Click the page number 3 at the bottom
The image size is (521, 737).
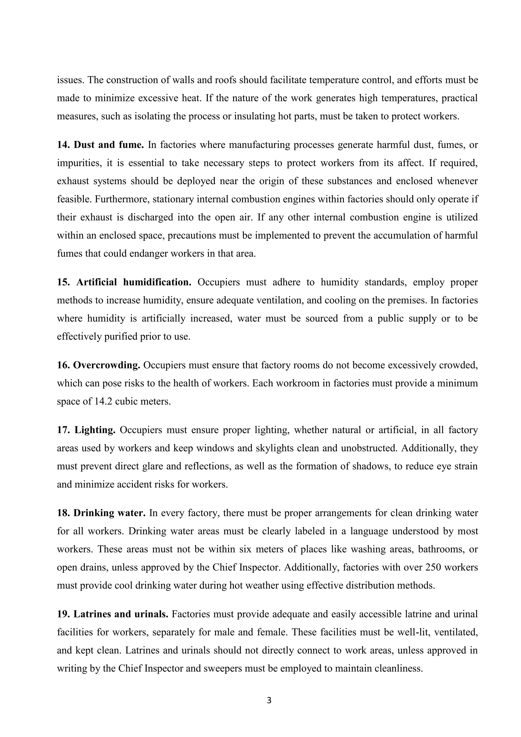tap(269, 700)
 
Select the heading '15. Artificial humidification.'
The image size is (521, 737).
tap(124, 282)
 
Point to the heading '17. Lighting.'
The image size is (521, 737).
tap(86, 430)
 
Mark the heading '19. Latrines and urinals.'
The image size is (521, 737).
tap(113, 614)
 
